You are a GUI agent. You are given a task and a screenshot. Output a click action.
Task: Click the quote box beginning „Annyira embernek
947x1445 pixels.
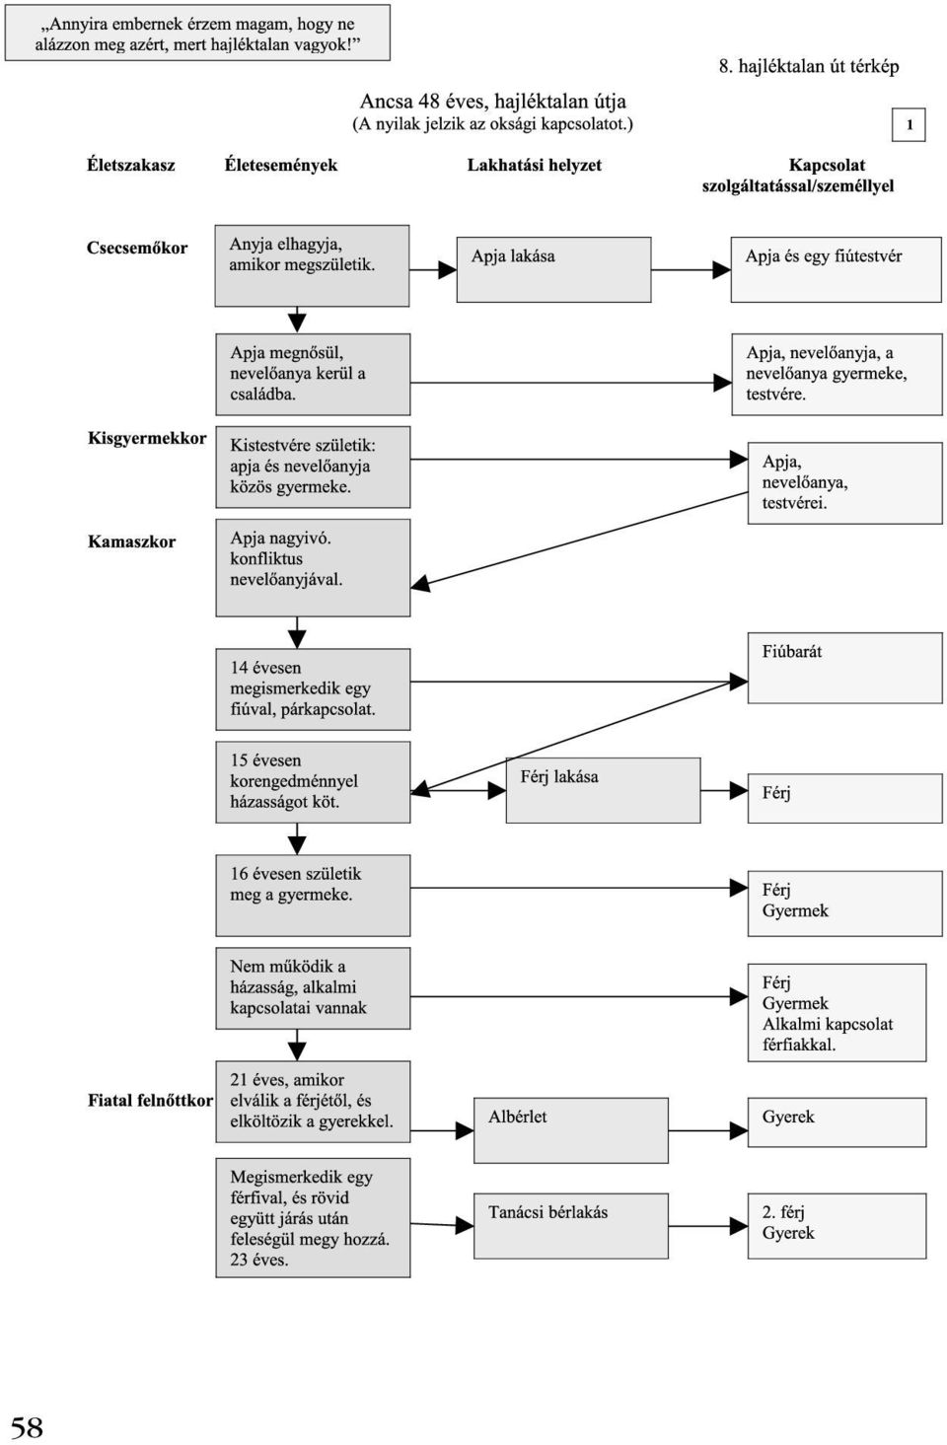tap(197, 33)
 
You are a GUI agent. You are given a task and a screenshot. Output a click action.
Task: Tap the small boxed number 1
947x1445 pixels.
tap(909, 124)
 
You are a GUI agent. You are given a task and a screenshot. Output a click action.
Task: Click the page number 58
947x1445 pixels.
tap(27, 1427)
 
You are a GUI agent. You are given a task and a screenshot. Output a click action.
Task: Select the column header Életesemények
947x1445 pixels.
tap(280, 165)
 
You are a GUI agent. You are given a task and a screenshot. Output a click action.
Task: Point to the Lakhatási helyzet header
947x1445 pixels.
tap(534, 165)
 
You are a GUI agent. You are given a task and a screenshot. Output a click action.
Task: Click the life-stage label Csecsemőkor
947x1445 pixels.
tap(137, 248)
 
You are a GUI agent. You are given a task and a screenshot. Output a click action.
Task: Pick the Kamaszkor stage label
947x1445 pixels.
tap(131, 542)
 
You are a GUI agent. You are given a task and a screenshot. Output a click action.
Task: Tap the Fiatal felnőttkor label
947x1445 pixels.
tap(150, 1100)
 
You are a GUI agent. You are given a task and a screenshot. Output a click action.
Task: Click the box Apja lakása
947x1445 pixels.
tap(553, 269)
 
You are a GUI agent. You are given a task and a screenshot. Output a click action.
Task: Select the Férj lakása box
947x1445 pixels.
tap(603, 790)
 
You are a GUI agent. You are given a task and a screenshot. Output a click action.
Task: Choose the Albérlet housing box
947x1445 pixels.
tap(571, 1130)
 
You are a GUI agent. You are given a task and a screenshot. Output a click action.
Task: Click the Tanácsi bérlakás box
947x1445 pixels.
tap(571, 1226)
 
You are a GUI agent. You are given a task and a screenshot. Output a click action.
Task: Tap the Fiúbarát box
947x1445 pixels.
tap(845, 668)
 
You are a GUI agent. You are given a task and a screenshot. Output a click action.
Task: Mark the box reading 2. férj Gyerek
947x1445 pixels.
tap(837, 1226)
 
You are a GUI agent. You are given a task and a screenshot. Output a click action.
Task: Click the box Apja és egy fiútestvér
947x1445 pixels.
tap(837, 269)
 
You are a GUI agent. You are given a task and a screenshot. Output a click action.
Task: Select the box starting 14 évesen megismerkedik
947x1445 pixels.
tap(313, 689)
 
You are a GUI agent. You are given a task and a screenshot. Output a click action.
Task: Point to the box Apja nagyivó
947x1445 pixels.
tap(313, 568)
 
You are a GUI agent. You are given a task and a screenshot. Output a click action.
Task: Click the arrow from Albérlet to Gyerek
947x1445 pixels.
tap(707, 1130)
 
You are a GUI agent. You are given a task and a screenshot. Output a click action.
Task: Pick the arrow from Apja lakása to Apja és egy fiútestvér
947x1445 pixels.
tap(691, 269)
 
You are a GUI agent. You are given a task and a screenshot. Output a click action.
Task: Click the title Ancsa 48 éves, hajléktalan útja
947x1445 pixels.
tap(493, 102)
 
